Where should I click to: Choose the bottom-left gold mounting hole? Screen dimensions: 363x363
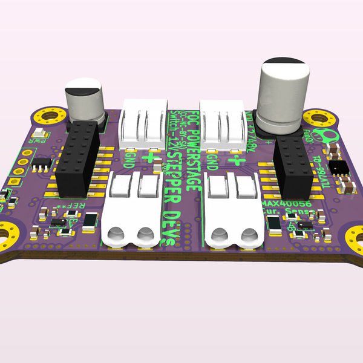[8, 234]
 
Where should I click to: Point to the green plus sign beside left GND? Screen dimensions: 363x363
[147, 159]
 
